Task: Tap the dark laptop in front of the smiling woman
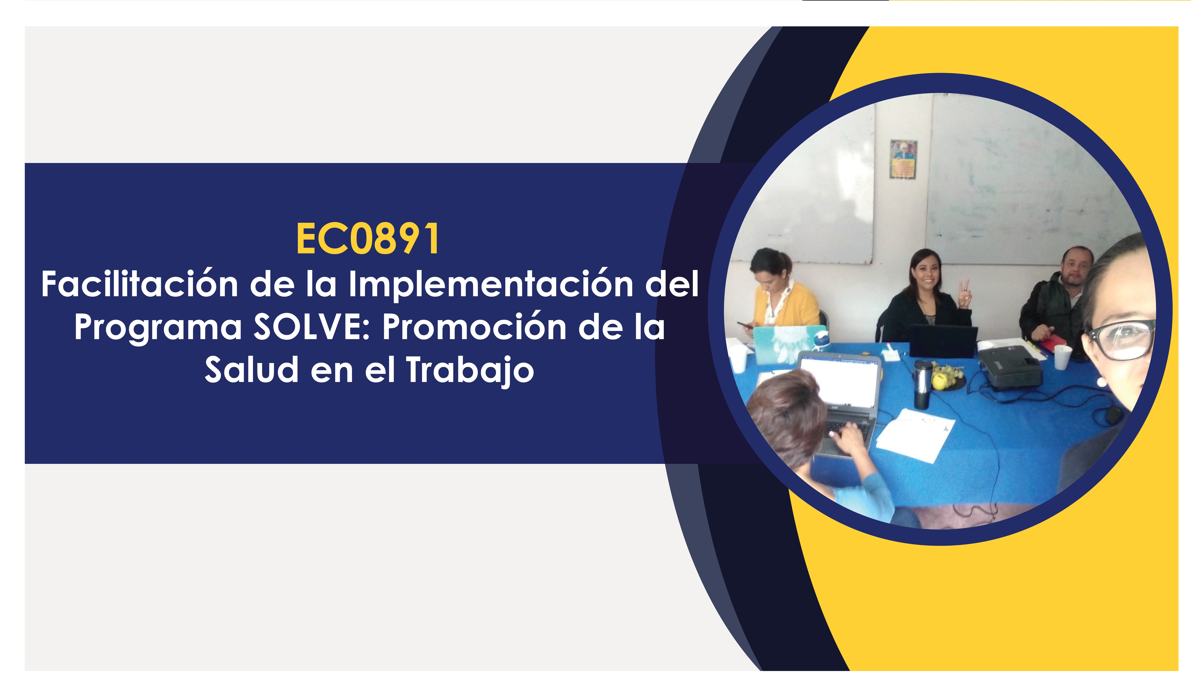tap(943, 340)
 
